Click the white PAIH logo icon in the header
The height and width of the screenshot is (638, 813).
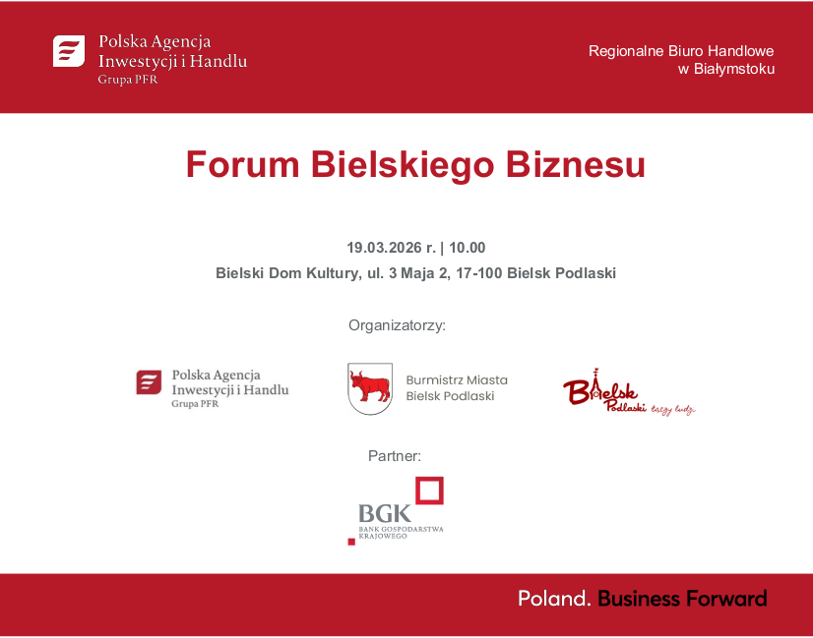coord(69,51)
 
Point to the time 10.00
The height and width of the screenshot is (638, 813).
coord(468,248)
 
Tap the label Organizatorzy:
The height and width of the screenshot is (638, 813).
coord(397,324)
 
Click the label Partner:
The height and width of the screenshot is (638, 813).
coord(395,455)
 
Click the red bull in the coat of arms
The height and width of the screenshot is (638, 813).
coord(369,386)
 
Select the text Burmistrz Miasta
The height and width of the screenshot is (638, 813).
coord(457,379)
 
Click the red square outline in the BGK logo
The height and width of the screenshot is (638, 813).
coord(428,491)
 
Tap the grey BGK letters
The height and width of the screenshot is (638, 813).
coord(380,513)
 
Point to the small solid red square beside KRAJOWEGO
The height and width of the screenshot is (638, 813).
coord(351,541)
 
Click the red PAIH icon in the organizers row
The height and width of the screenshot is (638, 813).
coord(149,382)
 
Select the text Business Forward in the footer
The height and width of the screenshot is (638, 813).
coord(682,598)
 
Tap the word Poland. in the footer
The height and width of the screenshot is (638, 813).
coord(555,598)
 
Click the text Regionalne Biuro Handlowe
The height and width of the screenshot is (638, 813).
coord(681,50)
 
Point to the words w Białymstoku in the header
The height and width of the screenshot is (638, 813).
coord(726,69)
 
